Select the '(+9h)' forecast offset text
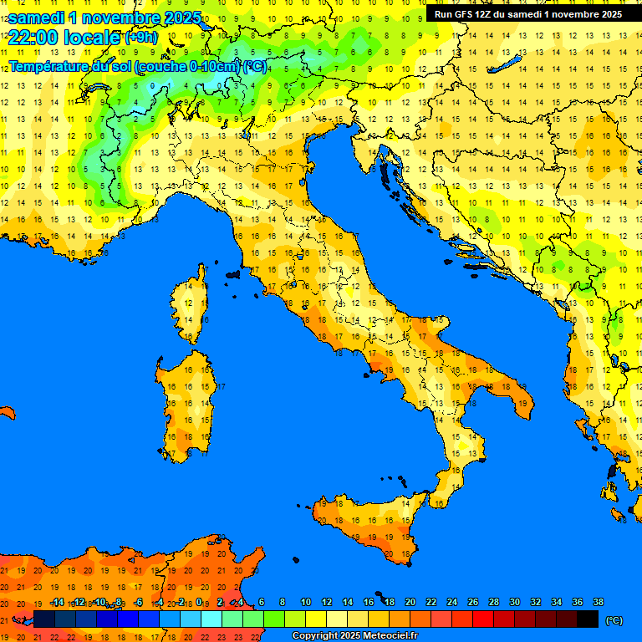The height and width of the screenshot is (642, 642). pos(140,38)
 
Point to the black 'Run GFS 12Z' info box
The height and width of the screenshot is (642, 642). pos(527,14)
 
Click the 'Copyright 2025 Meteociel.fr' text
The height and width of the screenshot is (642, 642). pos(354,635)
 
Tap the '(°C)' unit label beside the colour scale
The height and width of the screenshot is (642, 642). pos(614,620)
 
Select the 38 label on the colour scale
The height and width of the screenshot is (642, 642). pos(598,602)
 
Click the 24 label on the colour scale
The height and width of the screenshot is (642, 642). pos(451,602)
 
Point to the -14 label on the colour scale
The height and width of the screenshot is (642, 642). pos(58,602)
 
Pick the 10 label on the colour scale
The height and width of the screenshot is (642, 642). pos(305,602)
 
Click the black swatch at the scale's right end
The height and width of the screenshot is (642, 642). pos(588,619)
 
